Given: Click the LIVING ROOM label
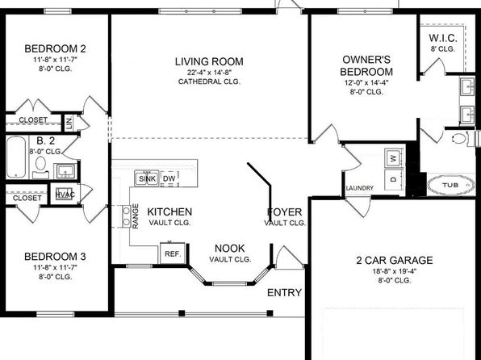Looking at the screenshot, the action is [209, 61].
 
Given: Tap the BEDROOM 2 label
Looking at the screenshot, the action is [55, 48].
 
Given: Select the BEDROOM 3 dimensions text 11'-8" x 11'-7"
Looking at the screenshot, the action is [55, 268].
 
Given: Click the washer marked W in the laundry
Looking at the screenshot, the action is [394, 158].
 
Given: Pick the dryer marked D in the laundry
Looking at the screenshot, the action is [394, 178].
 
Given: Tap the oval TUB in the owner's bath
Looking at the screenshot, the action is [450, 185].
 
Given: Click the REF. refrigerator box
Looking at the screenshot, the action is [173, 253].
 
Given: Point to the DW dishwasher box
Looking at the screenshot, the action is [169, 179].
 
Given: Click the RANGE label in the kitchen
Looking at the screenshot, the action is [136, 216].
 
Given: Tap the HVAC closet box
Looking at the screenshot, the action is [65, 195].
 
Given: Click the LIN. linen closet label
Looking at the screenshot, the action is [69, 123].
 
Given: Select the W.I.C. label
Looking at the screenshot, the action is [443, 39].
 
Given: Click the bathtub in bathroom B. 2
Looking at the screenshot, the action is [16, 157].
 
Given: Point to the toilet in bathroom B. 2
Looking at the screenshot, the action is [40, 166].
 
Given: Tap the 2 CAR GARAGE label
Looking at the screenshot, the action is [395, 261].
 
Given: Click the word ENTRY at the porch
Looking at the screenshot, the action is [284, 293].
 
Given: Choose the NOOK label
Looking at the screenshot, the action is [230, 249].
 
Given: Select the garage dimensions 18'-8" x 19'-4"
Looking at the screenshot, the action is [395, 271].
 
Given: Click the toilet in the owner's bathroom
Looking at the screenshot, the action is [459, 138].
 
